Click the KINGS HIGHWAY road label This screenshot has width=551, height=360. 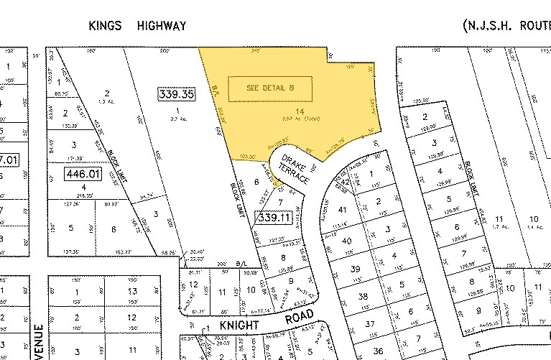click(137, 26)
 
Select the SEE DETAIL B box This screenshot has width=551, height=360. click(270, 88)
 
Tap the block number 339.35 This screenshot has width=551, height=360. click(176, 93)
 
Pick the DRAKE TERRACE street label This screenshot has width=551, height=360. click(296, 170)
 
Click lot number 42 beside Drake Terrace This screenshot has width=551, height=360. click(346, 183)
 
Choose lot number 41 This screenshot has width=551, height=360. click(342, 210)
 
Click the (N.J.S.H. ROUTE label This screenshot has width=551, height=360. click(506, 26)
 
